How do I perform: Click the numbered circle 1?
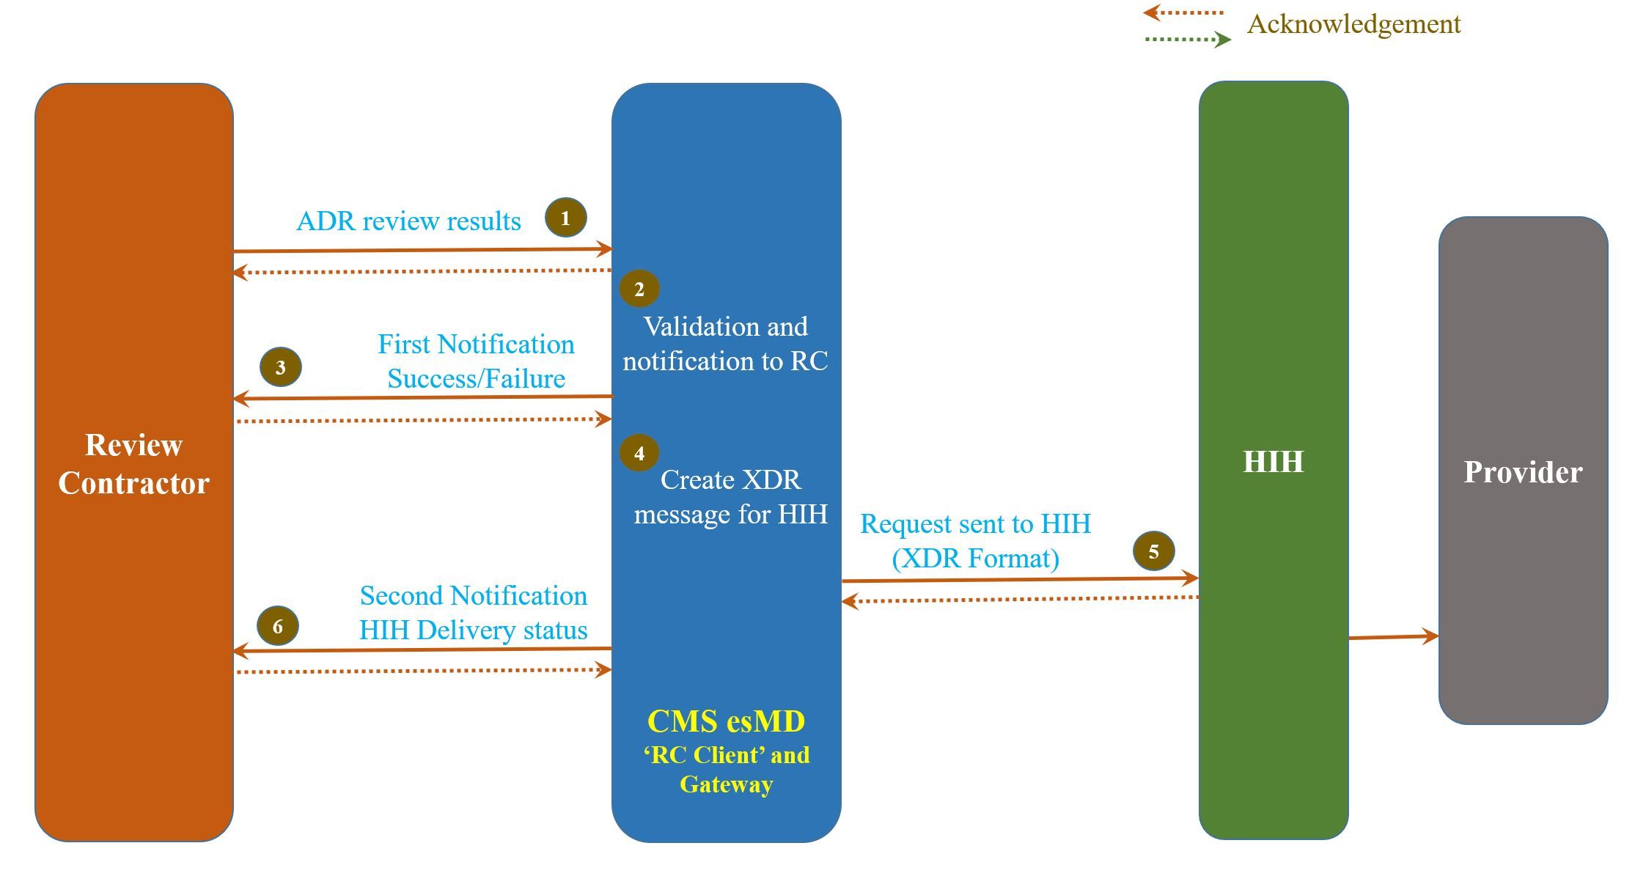[x=565, y=218]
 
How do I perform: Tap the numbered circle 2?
[x=639, y=289]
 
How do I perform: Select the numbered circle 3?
[x=281, y=367]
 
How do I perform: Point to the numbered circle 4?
[x=639, y=453]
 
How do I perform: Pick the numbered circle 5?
[x=1153, y=551]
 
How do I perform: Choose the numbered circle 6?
[x=278, y=626]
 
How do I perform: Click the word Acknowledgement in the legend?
[x=1353, y=24]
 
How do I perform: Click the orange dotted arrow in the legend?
[x=1183, y=12]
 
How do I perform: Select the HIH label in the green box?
[x=1274, y=462]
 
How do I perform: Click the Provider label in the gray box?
[x=1523, y=472]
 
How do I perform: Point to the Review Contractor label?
[x=134, y=464]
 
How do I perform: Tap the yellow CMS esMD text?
[x=726, y=722]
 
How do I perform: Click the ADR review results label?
[x=408, y=221]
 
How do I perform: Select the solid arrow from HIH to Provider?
[x=1393, y=637]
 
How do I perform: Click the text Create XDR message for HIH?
[x=730, y=497]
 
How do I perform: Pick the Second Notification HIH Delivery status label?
[x=474, y=613]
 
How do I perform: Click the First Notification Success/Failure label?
[x=476, y=361]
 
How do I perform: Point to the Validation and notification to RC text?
[x=725, y=344]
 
